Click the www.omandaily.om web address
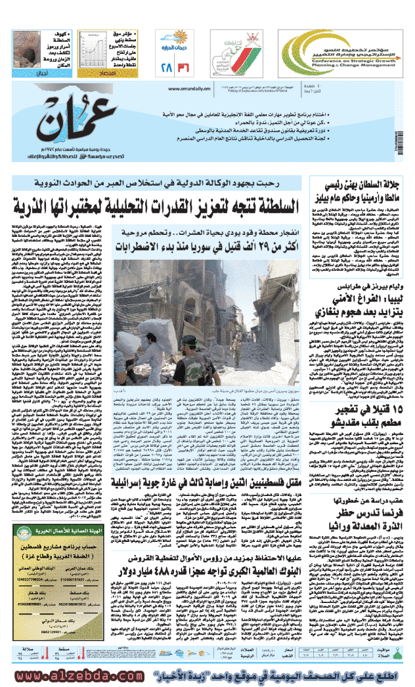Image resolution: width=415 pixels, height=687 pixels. pos(186,89)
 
